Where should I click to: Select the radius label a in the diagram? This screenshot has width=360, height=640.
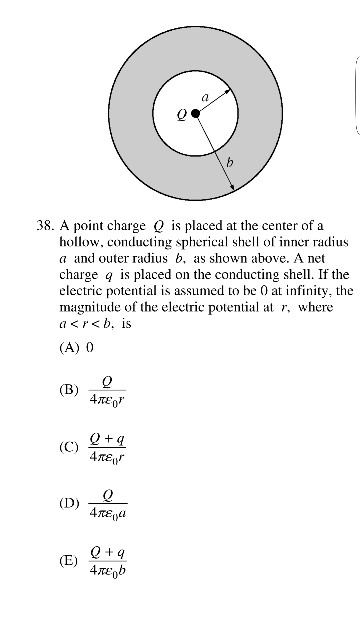pos(206,97)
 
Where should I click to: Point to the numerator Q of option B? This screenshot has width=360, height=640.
pos(107,381)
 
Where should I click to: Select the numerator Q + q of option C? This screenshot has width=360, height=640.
pos(107,438)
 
